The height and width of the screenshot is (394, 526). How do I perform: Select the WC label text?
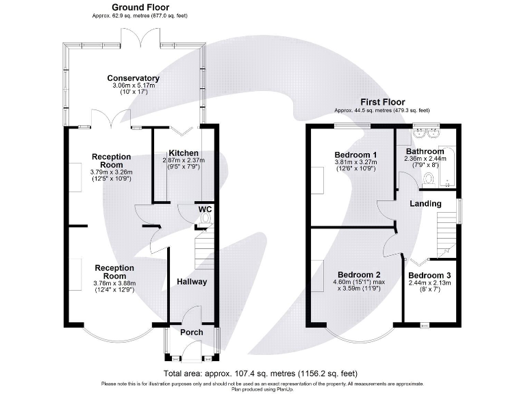205,209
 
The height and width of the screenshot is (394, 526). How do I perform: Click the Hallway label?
192,281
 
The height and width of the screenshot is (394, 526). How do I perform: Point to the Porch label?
191,332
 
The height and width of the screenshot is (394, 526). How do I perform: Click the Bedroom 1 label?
352,154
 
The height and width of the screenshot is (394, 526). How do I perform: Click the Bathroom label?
425,151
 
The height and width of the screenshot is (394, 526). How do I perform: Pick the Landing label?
425,204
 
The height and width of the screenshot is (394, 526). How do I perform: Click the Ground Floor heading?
140,8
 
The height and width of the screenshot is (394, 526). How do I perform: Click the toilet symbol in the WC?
205,219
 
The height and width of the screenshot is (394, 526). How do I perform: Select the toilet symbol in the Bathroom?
428,179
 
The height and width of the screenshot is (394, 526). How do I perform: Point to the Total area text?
260,373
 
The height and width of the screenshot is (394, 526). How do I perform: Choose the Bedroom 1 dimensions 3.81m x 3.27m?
352,161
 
